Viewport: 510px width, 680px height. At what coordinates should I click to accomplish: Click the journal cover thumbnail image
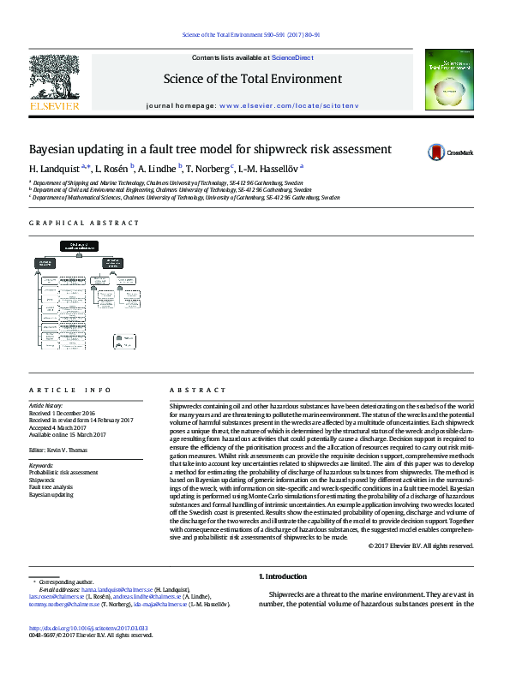tap(449, 80)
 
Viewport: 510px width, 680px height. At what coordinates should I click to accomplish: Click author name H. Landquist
tap(55, 169)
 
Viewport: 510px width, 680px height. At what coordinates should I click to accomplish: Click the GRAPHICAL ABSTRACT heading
tap(84, 223)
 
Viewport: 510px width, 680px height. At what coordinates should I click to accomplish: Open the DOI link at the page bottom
tap(89, 627)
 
